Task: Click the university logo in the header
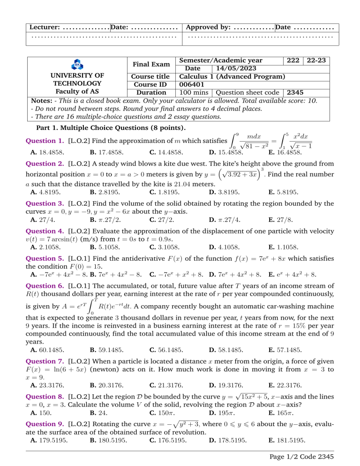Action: pos(75,64)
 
